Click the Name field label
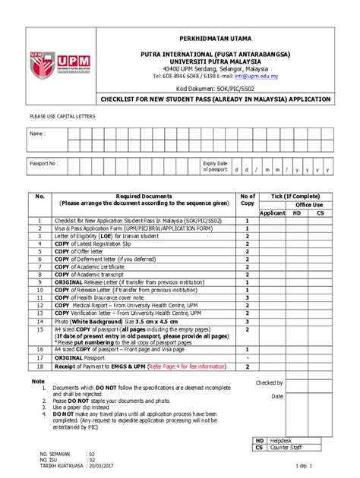(37, 134)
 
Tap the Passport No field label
(43, 163)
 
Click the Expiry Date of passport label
(215, 166)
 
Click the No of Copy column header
(247, 200)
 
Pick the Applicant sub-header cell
(272, 213)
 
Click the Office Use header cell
(309, 205)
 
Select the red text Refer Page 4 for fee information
(178, 366)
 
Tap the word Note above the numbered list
(38, 380)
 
